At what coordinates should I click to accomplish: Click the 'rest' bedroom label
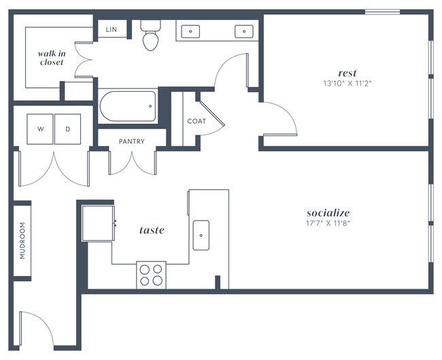pyautogui.click(x=347, y=73)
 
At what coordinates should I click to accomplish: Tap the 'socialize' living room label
pyautogui.click(x=328, y=212)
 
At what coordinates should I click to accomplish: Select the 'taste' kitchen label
pyautogui.click(x=152, y=230)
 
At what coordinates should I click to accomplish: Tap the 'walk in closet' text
pyautogui.click(x=51, y=57)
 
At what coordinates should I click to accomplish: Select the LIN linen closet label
pyautogui.click(x=112, y=30)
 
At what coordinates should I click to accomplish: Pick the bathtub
pyautogui.click(x=128, y=106)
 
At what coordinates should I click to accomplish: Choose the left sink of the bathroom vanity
pyautogui.click(x=192, y=31)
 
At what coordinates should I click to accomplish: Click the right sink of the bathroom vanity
pyautogui.click(x=243, y=31)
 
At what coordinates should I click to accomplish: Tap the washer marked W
pyautogui.click(x=40, y=129)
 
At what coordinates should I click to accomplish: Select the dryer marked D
pyautogui.click(x=67, y=129)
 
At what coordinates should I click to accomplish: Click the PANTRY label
pyautogui.click(x=131, y=142)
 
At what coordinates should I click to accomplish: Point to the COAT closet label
pyautogui.click(x=196, y=121)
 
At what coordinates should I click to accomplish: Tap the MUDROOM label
pyautogui.click(x=22, y=240)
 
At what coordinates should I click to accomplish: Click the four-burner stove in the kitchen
pyautogui.click(x=151, y=274)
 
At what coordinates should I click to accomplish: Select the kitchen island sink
pyautogui.click(x=201, y=235)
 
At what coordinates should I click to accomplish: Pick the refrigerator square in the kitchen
pyautogui.click(x=97, y=223)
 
